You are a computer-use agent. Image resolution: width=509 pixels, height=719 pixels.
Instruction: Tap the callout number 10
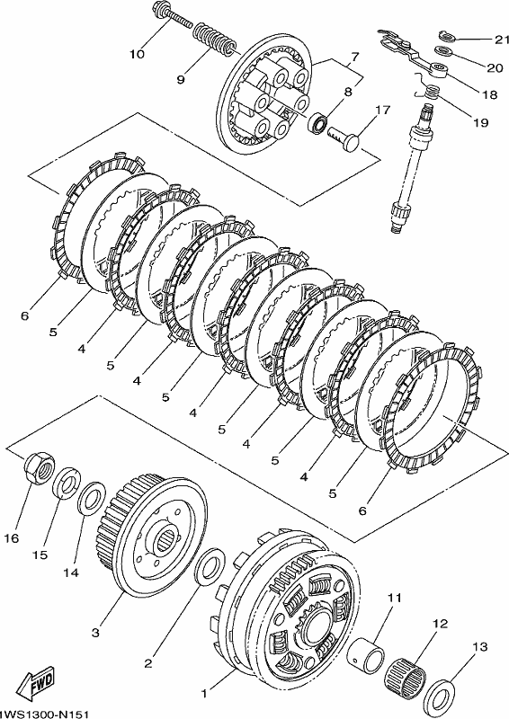click(137, 54)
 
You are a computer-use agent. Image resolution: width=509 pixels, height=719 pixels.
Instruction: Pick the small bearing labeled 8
click(318, 122)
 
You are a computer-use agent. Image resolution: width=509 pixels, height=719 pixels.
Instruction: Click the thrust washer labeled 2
click(210, 566)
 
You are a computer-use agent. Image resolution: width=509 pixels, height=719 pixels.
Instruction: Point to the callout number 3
click(95, 634)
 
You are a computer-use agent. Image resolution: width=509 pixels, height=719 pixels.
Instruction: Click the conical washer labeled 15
click(67, 483)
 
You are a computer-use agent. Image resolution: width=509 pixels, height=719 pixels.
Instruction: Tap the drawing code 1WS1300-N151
click(44, 714)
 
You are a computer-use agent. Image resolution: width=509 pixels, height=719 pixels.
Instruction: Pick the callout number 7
click(354, 57)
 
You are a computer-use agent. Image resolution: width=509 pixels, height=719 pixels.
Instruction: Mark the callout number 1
click(204, 693)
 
